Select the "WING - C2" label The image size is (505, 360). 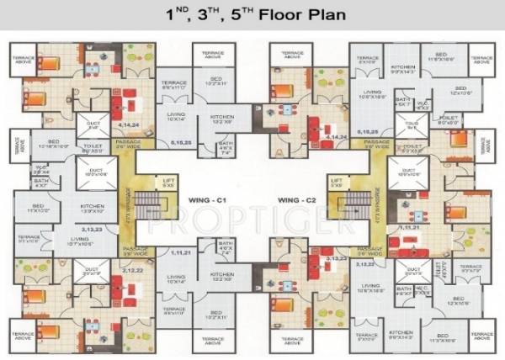(x=298, y=199)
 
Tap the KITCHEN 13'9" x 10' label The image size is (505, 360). (x=92, y=208)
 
